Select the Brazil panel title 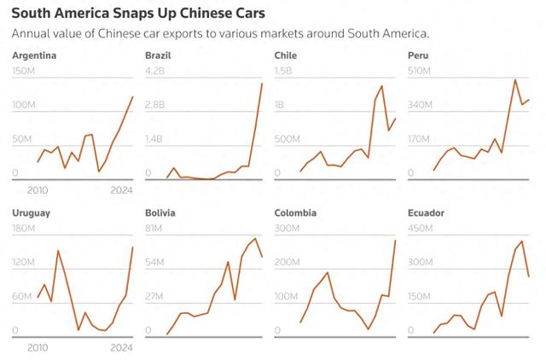click(x=158, y=55)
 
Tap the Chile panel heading click(x=286, y=55)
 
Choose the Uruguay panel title click(x=32, y=212)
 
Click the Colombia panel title click(x=296, y=212)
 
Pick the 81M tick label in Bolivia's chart click(x=154, y=228)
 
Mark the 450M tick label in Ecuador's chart click(x=418, y=228)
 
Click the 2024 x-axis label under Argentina click(x=122, y=190)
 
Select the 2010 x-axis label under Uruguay click(x=38, y=347)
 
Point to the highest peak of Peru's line click(x=515, y=79)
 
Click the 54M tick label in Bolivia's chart click(x=154, y=262)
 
